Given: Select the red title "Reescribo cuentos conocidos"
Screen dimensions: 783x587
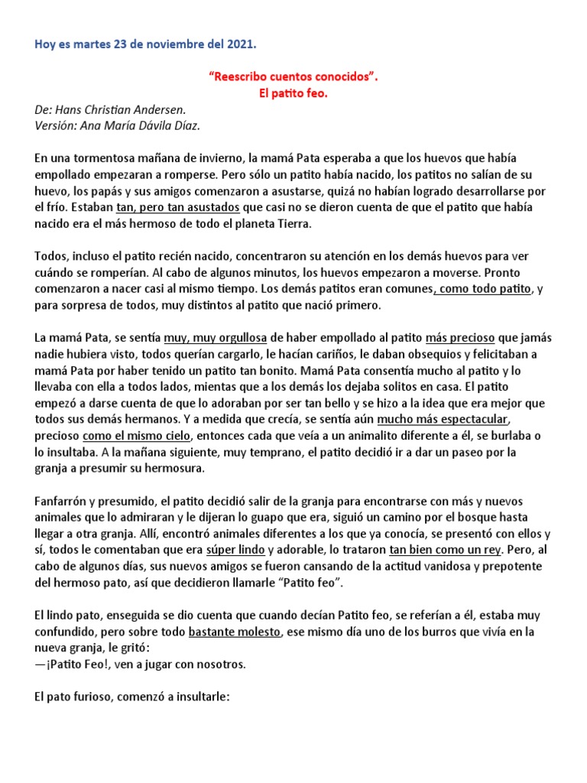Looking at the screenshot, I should point(293,78).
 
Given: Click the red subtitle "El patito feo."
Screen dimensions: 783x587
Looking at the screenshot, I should point(293,94).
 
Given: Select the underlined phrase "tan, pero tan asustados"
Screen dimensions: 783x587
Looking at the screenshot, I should point(178,207).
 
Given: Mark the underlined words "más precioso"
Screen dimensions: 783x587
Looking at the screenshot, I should point(459,337).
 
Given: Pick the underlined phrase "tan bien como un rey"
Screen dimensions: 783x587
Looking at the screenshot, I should point(445,550).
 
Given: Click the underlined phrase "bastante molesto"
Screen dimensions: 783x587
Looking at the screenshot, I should point(235,632).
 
